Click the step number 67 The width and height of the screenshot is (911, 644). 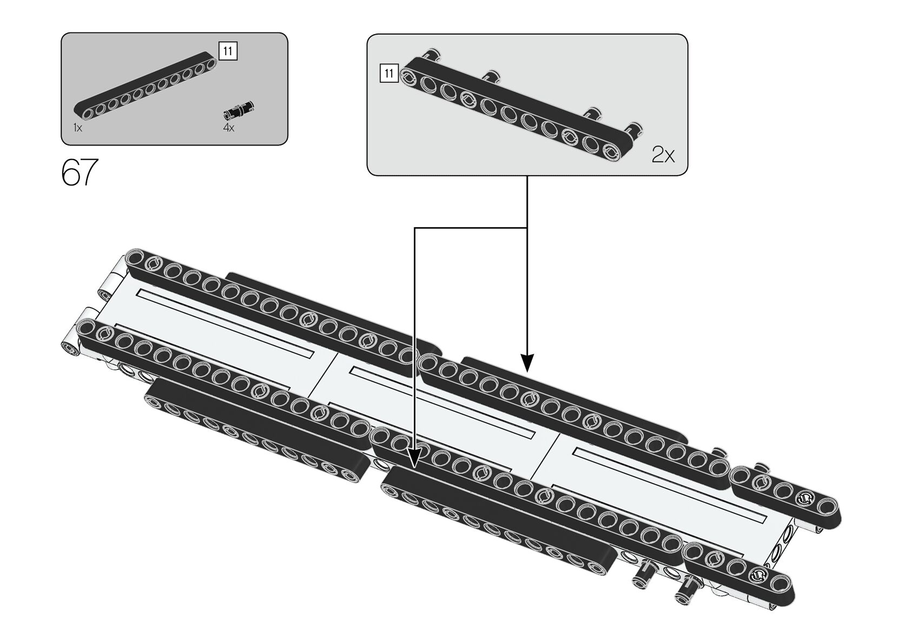point(80,172)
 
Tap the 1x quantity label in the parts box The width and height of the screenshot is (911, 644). point(78,128)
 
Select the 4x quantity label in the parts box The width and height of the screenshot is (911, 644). point(229,128)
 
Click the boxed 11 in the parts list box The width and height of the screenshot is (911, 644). point(228,51)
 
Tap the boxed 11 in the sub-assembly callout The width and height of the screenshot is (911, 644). point(389,73)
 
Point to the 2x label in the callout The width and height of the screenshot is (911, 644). point(663,156)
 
